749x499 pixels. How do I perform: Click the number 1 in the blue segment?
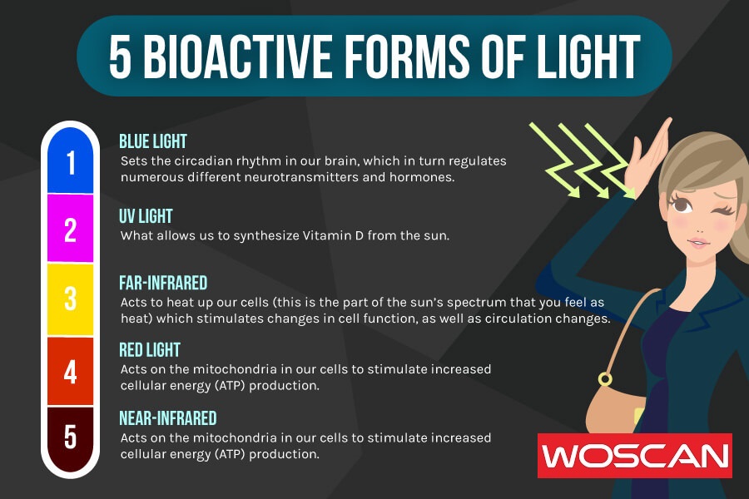coord(71,163)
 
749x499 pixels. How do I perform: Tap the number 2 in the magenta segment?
coord(71,229)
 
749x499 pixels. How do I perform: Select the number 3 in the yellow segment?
coord(71,298)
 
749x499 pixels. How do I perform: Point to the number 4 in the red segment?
coord(71,371)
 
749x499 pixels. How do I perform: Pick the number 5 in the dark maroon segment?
coord(71,436)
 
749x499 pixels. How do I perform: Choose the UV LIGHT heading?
coord(146,216)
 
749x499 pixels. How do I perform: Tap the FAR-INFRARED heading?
coord(163,283)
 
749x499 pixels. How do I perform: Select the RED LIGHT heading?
coord(150,349)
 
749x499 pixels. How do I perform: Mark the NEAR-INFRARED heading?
coord(168,417)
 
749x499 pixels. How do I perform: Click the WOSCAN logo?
coord(634,456)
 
